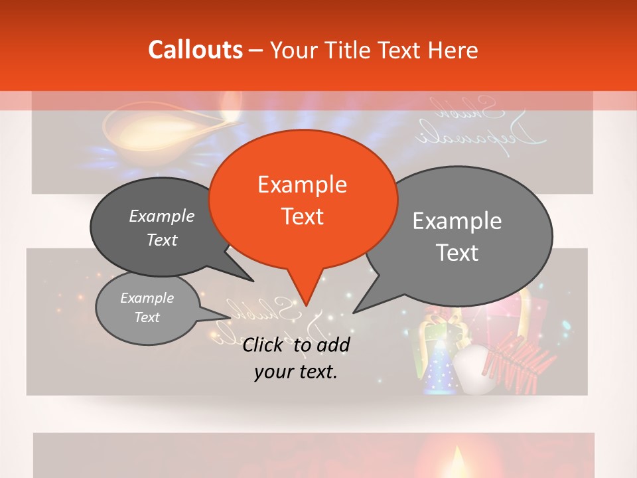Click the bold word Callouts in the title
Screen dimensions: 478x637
tap(195, 50)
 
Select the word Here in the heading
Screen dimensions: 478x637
tap(453, 50)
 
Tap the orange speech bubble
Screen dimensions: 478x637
tap(303, 199)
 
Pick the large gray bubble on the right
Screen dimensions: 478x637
tap(458, 236)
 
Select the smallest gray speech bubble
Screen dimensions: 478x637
tap(147, 307)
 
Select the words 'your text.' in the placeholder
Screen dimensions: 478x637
tap(295, 372)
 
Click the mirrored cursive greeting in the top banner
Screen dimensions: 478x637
tap(482, 123)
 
